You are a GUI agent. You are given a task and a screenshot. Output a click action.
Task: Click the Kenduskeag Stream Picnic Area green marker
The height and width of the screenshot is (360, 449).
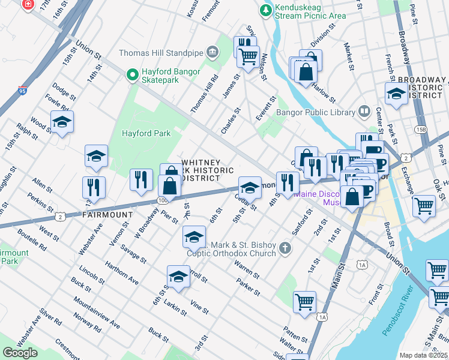coord(265,10)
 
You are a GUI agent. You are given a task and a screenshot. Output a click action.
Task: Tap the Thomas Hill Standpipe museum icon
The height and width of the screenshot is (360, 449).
coord(212,53)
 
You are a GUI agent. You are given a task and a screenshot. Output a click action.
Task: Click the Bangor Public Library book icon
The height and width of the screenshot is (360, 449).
coord(364,111)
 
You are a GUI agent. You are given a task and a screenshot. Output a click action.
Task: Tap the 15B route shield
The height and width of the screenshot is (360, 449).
coord(420,130)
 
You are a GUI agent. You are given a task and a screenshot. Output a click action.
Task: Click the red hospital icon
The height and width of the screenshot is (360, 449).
coord(28,4)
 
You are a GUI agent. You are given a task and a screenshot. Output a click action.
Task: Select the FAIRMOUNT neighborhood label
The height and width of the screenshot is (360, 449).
coord(107,214)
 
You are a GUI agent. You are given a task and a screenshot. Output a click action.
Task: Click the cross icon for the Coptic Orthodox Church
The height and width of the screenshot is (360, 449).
coord(286,247)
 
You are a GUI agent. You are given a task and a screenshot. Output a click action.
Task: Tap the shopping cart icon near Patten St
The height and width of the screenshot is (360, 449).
coord(304,301)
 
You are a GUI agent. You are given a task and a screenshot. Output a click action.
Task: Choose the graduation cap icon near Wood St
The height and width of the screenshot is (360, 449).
coord(62,122)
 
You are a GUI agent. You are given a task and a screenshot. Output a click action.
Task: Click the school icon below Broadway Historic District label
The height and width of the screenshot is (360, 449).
coord(396,94)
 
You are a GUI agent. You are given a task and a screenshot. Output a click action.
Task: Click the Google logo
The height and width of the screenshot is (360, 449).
coord(20,352)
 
